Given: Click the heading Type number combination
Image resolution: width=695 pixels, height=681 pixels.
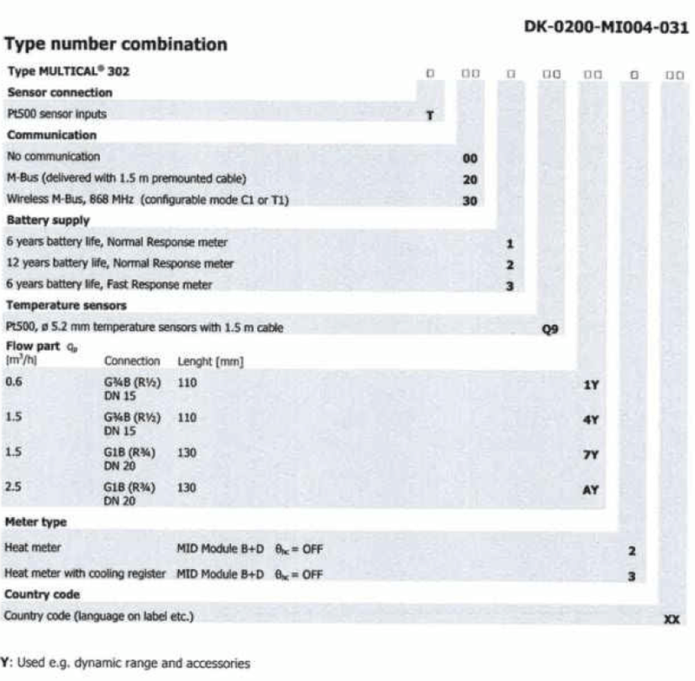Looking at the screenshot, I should [116, 44].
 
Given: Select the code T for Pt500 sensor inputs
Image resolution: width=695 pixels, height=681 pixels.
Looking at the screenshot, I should [429, 115].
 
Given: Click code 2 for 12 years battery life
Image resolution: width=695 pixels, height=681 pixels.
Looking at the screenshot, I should [511, 264].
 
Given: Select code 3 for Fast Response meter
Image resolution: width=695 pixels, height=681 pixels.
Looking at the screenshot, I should [511, 285].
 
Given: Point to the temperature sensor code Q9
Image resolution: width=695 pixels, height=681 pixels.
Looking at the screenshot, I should [549, 328].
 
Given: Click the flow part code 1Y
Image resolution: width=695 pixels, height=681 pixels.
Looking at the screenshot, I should [591, 382].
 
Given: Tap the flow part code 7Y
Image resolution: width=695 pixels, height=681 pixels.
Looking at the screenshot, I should [591, 453].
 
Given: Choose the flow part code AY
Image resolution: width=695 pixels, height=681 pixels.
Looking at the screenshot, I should [591, 489].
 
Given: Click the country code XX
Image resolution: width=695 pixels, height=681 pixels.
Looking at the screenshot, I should [672, 618].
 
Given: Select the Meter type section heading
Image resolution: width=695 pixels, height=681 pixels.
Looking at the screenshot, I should [36, 521].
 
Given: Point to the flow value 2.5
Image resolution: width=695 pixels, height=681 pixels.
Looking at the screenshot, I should [13, 488].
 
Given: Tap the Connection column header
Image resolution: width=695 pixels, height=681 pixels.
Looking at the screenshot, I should [132, 360].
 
